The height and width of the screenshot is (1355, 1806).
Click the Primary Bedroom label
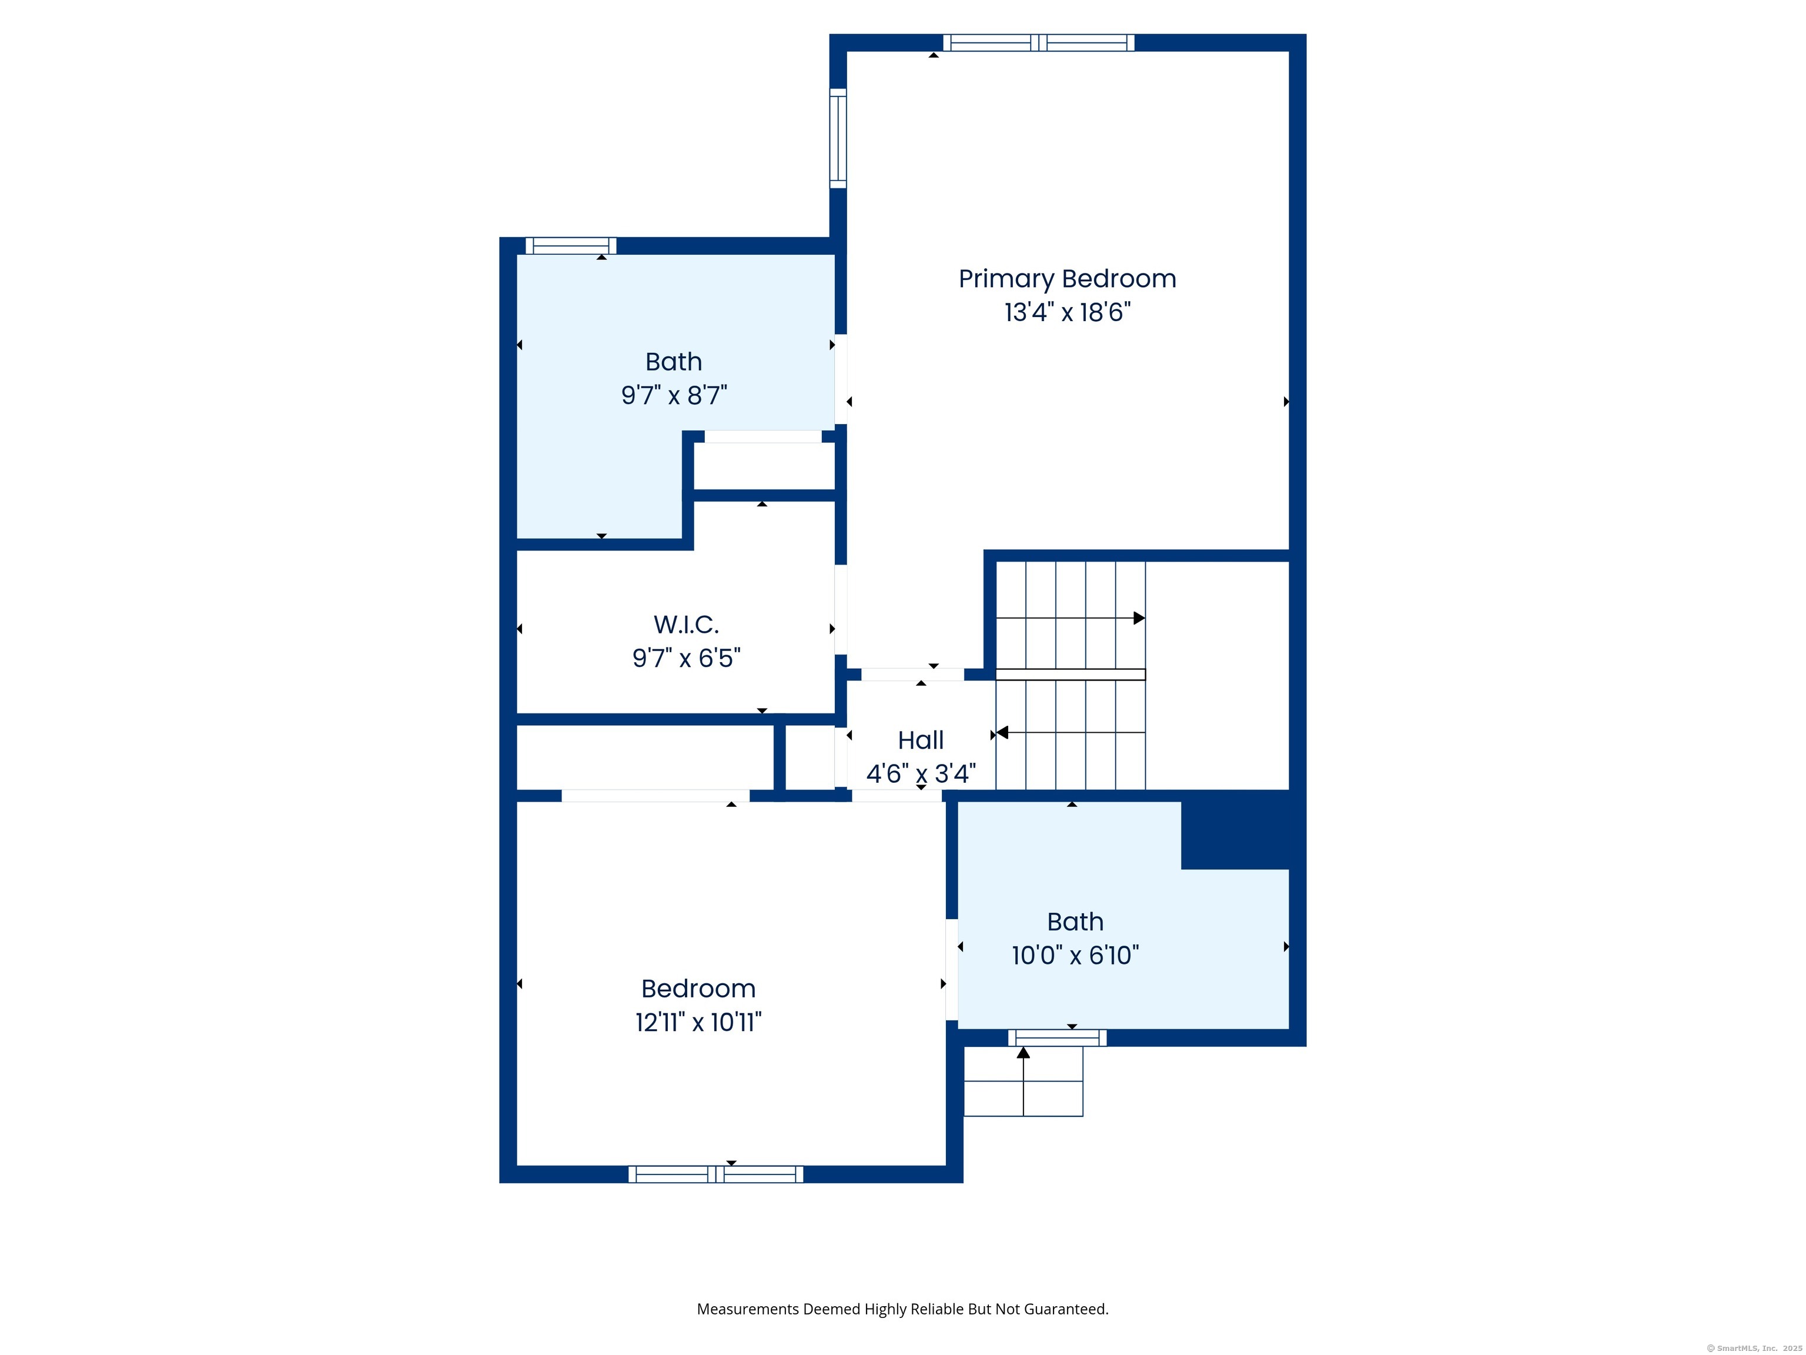click(x=1067, y=279)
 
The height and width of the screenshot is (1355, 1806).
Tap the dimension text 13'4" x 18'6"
click(x=1067, y=312)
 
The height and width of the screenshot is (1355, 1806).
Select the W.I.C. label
click(x=686, y=624)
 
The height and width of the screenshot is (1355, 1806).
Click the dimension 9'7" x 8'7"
click(x=674, y=395)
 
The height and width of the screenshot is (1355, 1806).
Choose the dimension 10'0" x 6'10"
click(x=1075, y=954)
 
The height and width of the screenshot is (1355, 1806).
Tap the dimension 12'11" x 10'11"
click(x=698, y=1022)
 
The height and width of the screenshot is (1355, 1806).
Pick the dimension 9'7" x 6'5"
click(x=686, y=658)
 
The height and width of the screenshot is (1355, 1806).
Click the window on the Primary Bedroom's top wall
click(x=1039, y=42)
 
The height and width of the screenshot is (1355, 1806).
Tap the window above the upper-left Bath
click(x=571, y=246)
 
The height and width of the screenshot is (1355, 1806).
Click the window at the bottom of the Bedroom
click(x=715, y=1174)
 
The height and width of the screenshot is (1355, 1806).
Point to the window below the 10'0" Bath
click(x=1057, y=1038)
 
